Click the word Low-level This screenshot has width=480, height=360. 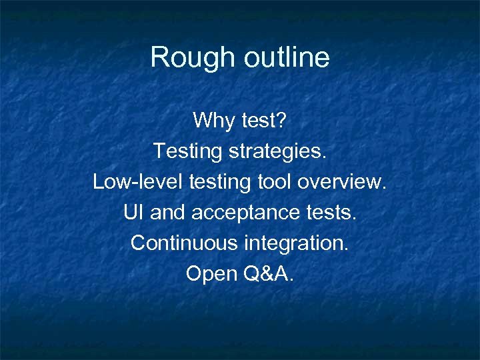pyautogui.click(x=138, y=181)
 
